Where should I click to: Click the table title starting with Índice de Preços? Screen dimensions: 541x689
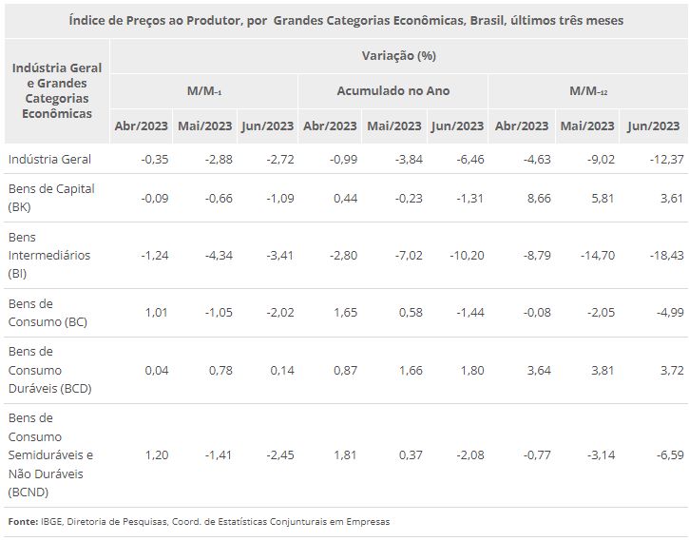[x=346, y=20]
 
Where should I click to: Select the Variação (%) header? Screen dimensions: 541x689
[x=398, y=55]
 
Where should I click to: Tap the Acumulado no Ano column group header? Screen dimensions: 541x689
[x=393, y=91]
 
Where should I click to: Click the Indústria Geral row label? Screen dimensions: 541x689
[x=49, y=159]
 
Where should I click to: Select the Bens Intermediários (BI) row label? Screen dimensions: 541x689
[x=49, y=255]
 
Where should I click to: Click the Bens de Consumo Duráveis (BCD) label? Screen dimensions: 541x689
[x=48, y=370]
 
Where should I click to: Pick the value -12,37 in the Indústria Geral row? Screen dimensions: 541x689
[x=660, y=159]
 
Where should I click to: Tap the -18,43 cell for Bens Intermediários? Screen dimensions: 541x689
[x=660, y=255]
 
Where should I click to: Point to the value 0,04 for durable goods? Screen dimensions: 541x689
[x=155, y=370]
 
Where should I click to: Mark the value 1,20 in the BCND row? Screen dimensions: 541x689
[x=155, y=455]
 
